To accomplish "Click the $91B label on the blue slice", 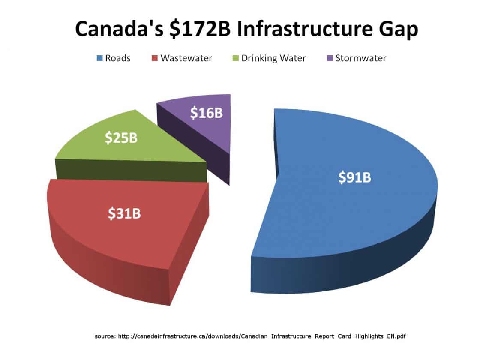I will (354, 177).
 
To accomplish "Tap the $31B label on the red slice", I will (124, 213).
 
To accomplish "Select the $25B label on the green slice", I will (121, 138).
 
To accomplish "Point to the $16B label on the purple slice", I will (207, 113).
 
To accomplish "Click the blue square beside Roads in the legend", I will (99, 58).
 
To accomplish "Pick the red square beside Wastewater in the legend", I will (154, 58).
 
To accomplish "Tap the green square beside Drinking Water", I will (235, 58).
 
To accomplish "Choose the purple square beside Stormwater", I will (330, 58).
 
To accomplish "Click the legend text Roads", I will (118, 58).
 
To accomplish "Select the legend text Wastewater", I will (186, 58).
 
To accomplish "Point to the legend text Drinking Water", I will (273, 58).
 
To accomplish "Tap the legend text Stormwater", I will (361, 58).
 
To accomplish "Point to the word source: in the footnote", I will (105, 336).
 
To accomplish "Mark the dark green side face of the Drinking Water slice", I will (129, 170).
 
